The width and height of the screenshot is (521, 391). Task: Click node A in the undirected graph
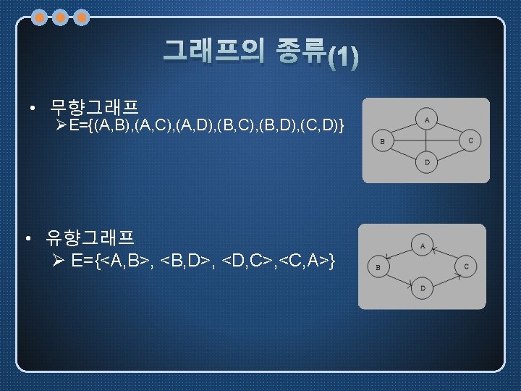pos(427,119)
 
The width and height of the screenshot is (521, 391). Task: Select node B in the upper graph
pos(382,140)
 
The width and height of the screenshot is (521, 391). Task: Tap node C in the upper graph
pos(470,140)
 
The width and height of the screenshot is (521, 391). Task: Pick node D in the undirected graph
pos(427,161)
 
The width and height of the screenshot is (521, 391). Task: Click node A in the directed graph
pos(423,245)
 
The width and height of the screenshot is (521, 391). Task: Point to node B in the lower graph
pos(378,266)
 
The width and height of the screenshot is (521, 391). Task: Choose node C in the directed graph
pos(466,266)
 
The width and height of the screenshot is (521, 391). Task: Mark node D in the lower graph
pos(423,288)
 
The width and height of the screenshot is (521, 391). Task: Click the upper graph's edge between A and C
pos(451,129)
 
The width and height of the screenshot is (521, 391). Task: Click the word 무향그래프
pos(93,109)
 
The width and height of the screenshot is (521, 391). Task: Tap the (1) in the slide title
pos(342,57)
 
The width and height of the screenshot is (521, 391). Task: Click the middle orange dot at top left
pos(61,17)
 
